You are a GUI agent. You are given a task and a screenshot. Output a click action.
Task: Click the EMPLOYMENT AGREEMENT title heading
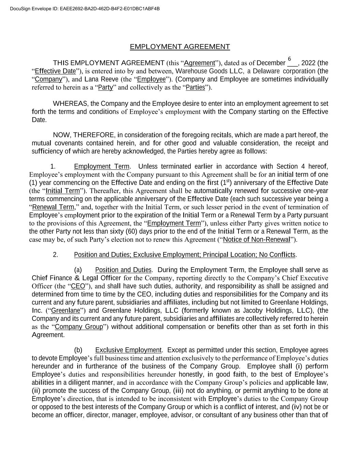click(x=180, y=47)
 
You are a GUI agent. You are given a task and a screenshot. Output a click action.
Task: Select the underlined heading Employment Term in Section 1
click(x=102, y=167)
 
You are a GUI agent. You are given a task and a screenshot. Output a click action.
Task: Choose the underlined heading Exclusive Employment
click(x=128, y=350)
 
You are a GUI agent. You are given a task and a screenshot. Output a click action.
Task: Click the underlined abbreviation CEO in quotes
click(x=78, y=286)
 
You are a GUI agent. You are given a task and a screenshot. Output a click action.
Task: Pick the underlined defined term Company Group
click(x=79, y=327)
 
